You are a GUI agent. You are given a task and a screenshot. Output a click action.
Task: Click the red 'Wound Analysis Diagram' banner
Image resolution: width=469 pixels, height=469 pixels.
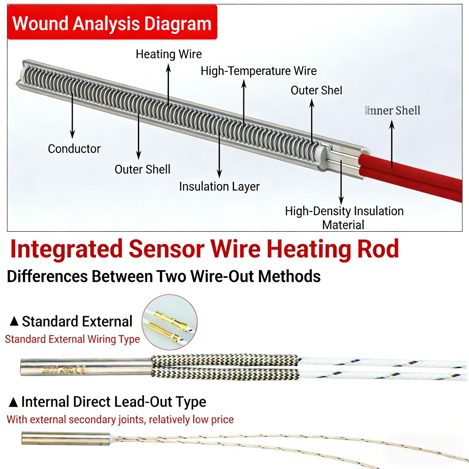click(112, 23)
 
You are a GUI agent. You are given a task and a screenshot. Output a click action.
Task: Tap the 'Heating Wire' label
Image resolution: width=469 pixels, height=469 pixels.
click(169, 55)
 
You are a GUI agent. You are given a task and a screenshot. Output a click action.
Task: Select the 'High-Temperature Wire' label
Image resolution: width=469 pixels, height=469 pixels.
click(258, 71)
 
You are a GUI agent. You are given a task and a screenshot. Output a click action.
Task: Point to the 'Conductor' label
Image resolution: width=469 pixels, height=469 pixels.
click(74, 149)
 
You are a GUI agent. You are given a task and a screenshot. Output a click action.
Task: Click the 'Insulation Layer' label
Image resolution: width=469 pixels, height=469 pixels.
click(219, 187)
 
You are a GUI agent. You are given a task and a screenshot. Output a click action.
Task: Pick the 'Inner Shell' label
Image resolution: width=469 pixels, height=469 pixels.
click(393, 110)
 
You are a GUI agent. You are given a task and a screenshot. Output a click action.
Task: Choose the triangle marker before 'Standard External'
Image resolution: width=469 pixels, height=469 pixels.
click(14, 322)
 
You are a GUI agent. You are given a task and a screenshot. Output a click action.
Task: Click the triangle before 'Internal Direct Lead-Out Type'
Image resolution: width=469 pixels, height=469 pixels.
click(14, 403)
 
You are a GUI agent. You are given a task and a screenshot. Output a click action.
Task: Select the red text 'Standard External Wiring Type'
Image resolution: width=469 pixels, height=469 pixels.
click(72, 339)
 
